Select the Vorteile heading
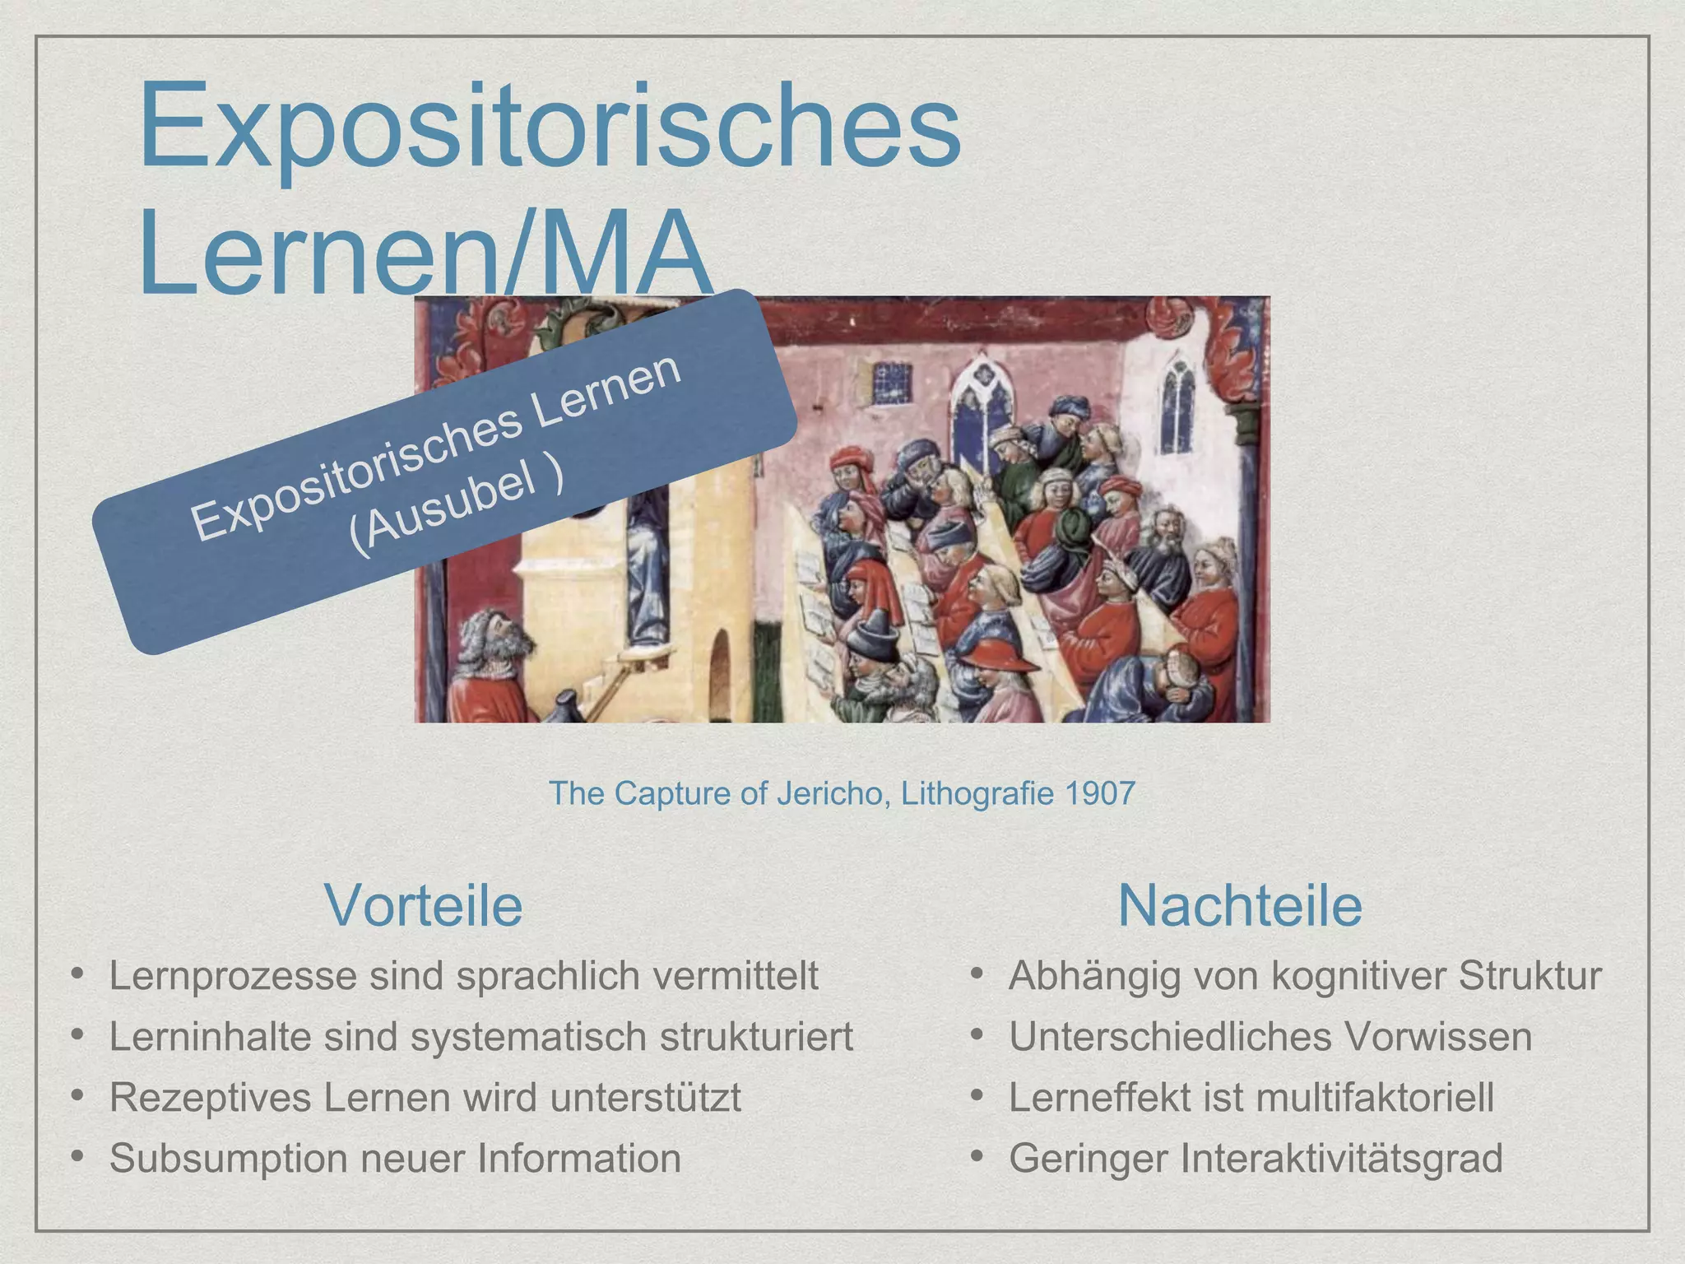click(x=424, y=905)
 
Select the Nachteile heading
click(x=1240, y=905)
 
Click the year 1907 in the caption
click(x=1100, y=793)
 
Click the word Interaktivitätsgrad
click(x=1342, y=1159)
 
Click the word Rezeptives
click(x=210, y=1098)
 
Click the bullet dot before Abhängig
click(x=977, y=974)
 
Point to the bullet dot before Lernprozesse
click(x=77, y=974)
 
